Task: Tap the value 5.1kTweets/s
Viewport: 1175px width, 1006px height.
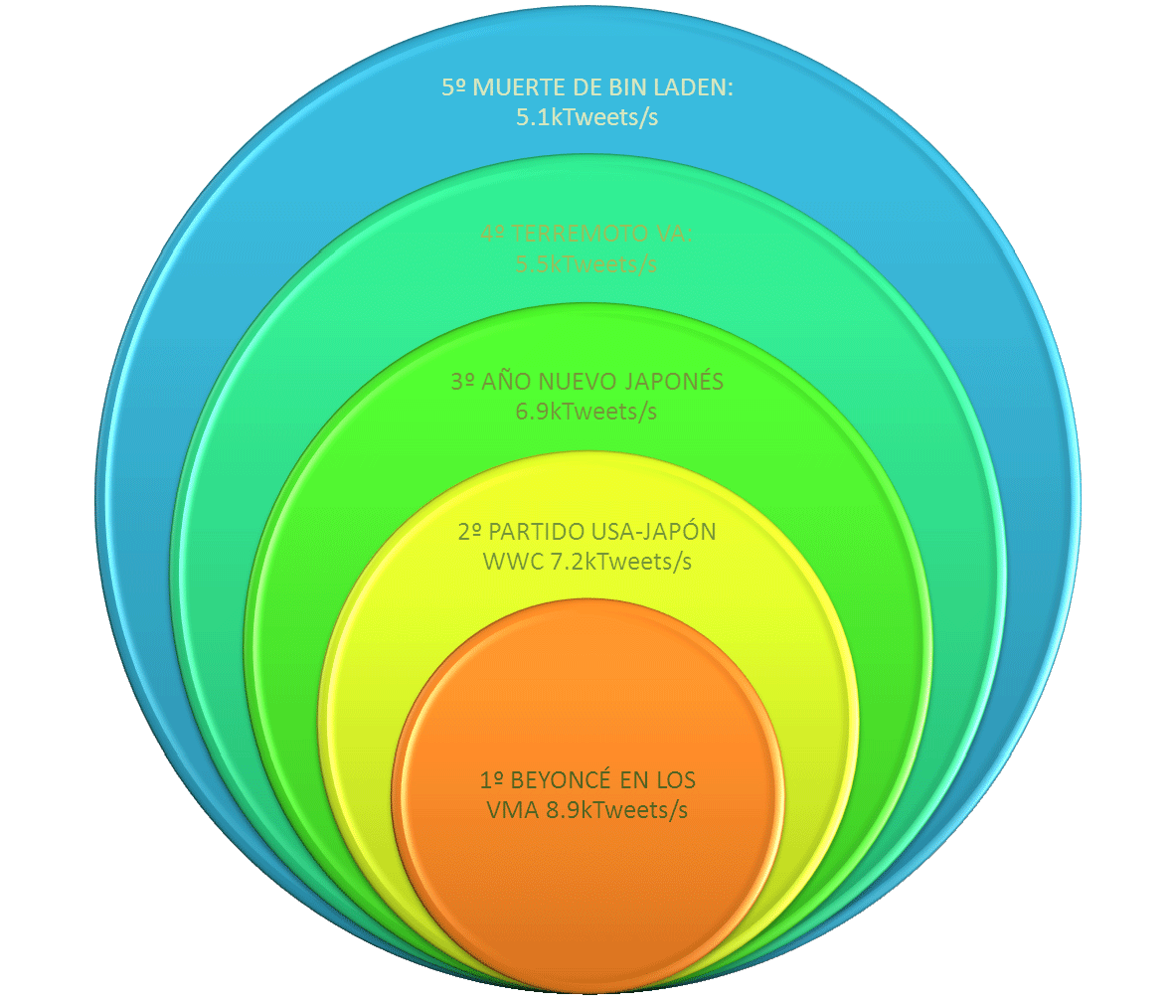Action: point(587,117)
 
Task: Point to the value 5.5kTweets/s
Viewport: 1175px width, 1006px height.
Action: point(587,264)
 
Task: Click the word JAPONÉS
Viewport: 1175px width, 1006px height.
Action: point(678,382)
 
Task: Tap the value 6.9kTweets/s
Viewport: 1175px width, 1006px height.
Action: point(587,412)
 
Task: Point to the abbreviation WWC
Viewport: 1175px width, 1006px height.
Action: point(512,562)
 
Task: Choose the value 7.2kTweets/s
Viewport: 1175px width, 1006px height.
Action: point(620,562)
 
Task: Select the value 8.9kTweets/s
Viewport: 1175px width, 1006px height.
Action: point(616,810)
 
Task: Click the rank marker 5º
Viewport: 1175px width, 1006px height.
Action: point(453,87)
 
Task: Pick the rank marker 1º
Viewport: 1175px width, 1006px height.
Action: point(491,779)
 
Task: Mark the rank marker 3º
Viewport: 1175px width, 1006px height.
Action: point(462,382)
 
